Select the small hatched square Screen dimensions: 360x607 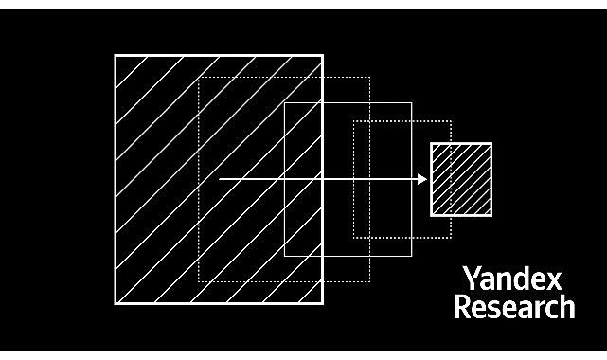click(461, 179)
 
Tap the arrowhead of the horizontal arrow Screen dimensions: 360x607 click(423, 179)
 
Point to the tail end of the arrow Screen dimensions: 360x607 click(220, 179)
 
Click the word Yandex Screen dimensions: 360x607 click(512, 279)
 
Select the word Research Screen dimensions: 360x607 click(513, 307)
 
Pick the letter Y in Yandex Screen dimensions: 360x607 click(470, 279)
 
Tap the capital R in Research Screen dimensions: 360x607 click(461, 307)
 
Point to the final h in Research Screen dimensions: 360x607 click(565, 307)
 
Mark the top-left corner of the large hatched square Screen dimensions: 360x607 click(116, 55)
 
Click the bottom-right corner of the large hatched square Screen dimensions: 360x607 click(323, 303)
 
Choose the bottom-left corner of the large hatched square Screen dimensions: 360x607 click(116, 303)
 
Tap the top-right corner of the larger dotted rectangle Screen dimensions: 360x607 click(367, 77)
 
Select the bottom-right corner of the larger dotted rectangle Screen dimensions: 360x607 click(367, 281)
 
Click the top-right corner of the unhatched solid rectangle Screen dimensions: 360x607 click(412, 102)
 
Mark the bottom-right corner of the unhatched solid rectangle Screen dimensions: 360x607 click(412, 256)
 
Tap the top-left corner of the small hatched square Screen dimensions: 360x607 click(432, 144)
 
